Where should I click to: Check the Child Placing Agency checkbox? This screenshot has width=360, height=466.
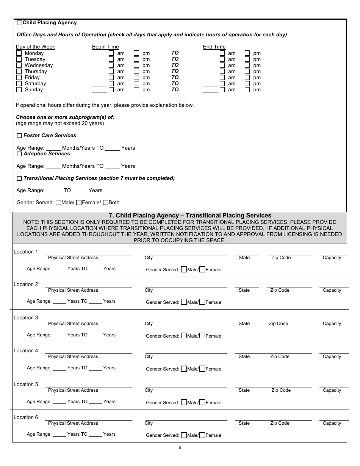click(20, 23)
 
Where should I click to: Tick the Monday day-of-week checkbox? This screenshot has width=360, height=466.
click(19, 53)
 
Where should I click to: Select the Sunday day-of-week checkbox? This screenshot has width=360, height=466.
click(19, 90)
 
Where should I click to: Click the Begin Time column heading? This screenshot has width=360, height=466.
click(105, 47)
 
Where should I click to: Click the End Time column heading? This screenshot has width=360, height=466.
click(214, 47)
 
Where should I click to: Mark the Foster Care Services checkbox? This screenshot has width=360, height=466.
click(19, 136)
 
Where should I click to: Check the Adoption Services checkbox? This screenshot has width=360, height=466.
click(19, 154)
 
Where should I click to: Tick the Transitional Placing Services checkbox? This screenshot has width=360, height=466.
click(19, 178)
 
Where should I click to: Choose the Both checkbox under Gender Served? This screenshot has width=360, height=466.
click(105, 203)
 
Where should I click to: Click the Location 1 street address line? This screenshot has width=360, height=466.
click(88, 252)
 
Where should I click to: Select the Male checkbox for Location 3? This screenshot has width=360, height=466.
click(184, 336)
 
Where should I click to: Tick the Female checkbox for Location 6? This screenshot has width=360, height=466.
click(202, 435)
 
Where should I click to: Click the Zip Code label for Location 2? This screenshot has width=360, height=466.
click(280, 291)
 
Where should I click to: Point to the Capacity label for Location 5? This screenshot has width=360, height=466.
click(332, 390)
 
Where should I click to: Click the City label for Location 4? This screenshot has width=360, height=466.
click(149, 357)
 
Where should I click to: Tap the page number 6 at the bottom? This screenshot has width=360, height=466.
click(180, 447)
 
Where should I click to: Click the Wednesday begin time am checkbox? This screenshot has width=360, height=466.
click(111, 66)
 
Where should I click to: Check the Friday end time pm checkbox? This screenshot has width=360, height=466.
click(247, 78)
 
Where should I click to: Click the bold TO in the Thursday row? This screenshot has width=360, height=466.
click(175, 71)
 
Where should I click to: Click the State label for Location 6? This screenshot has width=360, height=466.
click(244, 423)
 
